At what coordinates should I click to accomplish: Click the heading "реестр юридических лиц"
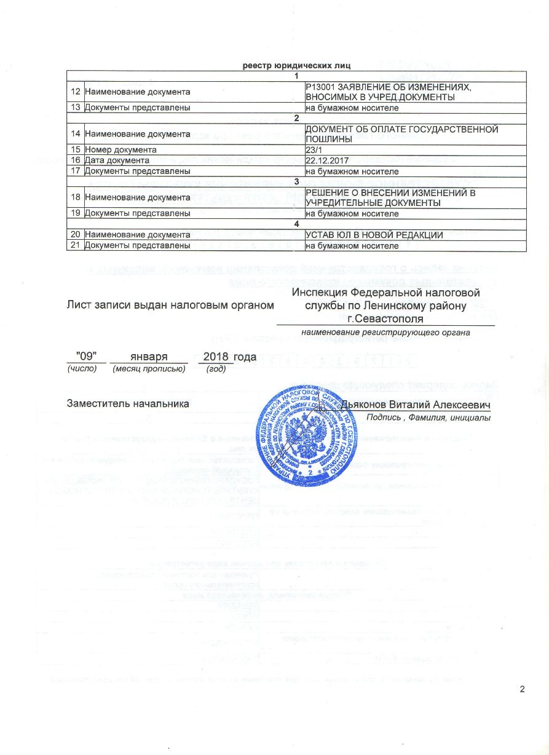tap(298, 65)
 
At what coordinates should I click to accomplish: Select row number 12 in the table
tap(75, 92)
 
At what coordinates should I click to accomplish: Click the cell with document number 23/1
tap(313, 149)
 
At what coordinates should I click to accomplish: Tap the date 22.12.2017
tap(326, 160)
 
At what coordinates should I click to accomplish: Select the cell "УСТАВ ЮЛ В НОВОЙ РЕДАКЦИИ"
tap(374, 235)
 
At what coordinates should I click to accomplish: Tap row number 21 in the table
tap(75, 246)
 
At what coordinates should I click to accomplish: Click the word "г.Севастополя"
tap(385, 318)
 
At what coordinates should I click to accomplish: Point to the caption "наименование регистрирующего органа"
tap(385, 333)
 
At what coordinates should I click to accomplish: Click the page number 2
tap(523, 688)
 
